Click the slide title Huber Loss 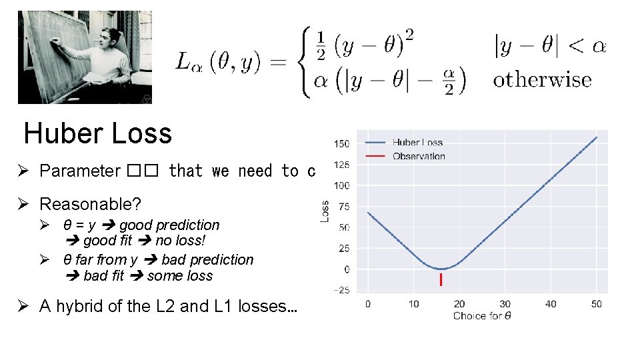[98, 133]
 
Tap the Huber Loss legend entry [417, 142]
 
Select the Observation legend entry [419, 156]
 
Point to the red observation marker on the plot [441, 280]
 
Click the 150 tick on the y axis [341, 143]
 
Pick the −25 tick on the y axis [341, 290]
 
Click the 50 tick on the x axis [596, 304]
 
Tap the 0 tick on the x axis [367, 304]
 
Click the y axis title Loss [325, 212]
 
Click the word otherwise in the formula [542, 80]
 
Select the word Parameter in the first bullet [79, 171]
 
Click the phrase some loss [180, 275]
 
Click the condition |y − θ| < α [549, 47]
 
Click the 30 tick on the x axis [505, 304]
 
